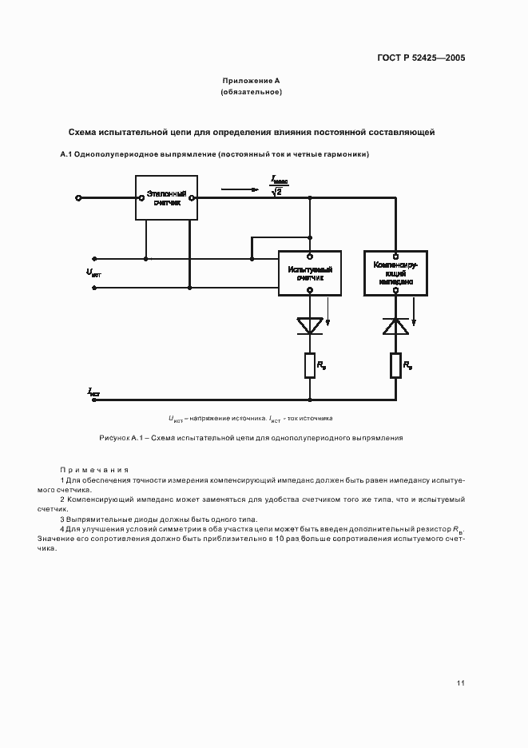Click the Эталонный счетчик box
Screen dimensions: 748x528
[x=168, y=198]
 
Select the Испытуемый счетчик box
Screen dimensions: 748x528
[x=310, y=273]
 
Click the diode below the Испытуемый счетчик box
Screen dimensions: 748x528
[x=310, y=325]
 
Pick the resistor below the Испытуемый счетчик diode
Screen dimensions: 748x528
[x=310, y=366]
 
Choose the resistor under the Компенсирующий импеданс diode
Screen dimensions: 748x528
[x=395, y=366]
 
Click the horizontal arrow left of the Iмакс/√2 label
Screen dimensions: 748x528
[x=240, y=189]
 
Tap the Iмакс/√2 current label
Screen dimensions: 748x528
[x=277, y=185]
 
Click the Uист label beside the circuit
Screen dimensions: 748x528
[x=93, y=273]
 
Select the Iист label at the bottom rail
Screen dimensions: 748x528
[x=93, y=392]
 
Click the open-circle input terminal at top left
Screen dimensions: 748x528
[x=78, y=197]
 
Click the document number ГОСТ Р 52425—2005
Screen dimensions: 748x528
[x=422, y=58]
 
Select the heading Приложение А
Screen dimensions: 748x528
[x=251, y=81]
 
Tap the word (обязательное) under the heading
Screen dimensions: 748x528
[x=251, y=93]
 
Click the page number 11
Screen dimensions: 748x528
[x=460, y=682]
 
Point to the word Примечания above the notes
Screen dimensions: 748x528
[x=94, y=469]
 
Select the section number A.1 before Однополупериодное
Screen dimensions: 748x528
[x=66, y=153]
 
